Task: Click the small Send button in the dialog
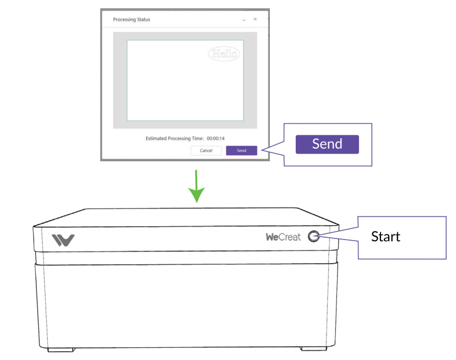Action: pyautogui.click(x=241, y=150)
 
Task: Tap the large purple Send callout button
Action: pyautogui.click(x=327, y=144)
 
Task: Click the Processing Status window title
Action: pyautogui.click(x=132, y=20)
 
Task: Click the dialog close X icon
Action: pyautogui.click(x=255, y=19)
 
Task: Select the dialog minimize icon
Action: pyautogui.click(x=244, y=20)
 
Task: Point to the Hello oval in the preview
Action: pyautogui.click(x=224, y=53)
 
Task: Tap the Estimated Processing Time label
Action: pyautogui.click(x=175, y=138)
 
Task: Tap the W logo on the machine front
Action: pyautogui.click(x=63, y=240)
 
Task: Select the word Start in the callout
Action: pyautogui.click(x=386, y=237)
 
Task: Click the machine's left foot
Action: pyautogui.click(x=61, y=349)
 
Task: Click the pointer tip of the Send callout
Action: pyautogui.click(x=263, y=149)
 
